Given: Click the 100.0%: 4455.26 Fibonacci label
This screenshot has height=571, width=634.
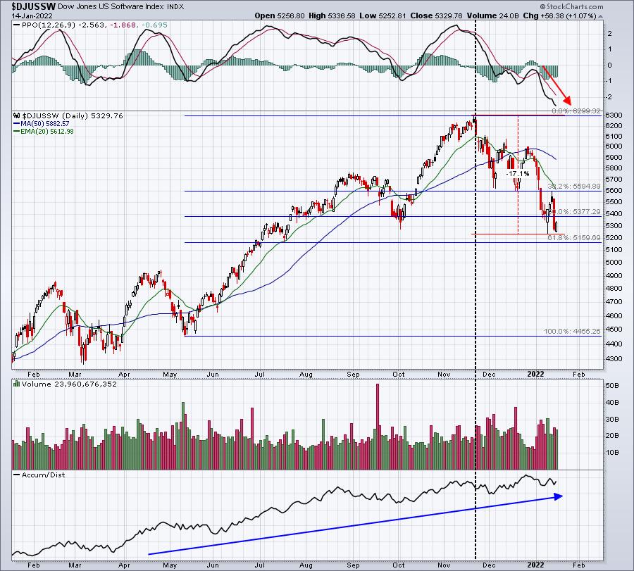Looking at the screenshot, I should (571, 331).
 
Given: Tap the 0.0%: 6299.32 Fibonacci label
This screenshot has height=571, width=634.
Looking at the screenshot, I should (576, 111).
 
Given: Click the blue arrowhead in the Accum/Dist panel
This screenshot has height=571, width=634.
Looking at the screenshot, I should (559, 496).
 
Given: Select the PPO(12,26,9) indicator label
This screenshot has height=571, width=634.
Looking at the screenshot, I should (41, 25).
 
